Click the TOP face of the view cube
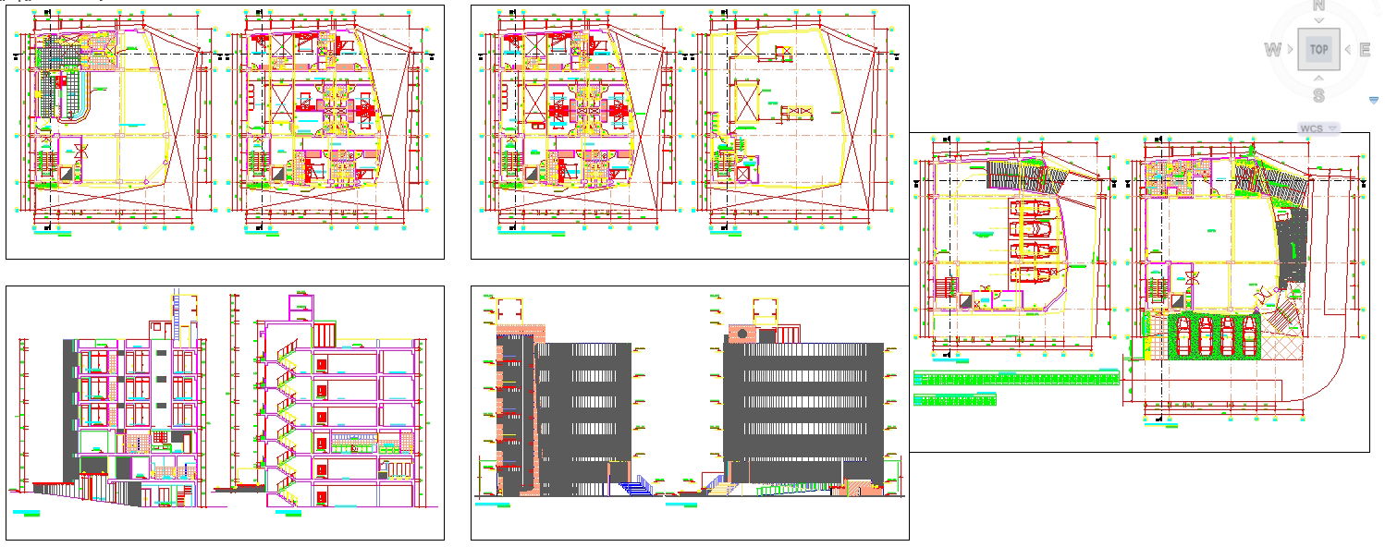coord(1318,49)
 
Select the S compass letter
coord(1318,94)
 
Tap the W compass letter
coord(1273,50)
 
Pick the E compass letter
coord(1365,50)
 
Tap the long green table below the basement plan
coord(1015,377)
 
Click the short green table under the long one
coord(954,399)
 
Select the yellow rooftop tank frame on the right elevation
coord(765,310)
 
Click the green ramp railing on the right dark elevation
coord(786,488)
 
